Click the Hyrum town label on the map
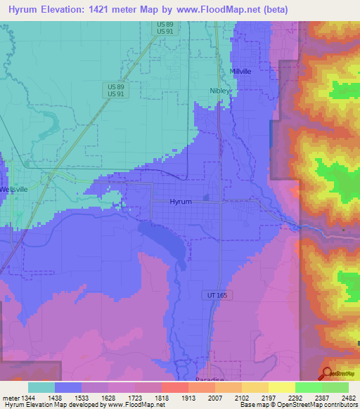pos(181,202)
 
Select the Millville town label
pos(240,72)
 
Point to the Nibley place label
pos(220,91)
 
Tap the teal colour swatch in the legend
pos(41,387)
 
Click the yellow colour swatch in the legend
pos(281,387)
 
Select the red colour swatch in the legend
pos(174,387)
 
